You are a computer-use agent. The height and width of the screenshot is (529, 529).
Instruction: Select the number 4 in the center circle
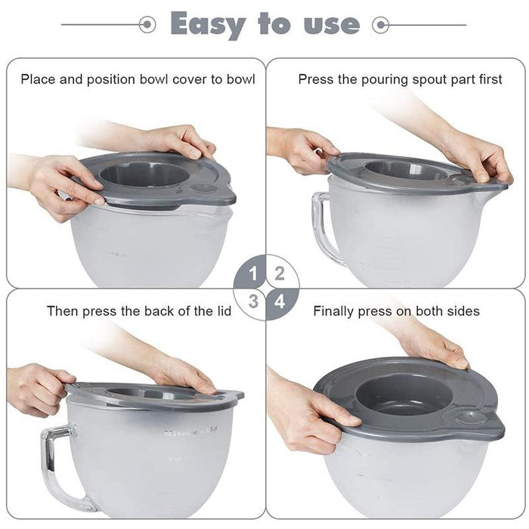pos(279,301)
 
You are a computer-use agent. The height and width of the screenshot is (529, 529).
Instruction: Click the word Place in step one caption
pos(37,79)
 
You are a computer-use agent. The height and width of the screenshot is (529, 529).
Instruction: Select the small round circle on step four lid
pos(470,417)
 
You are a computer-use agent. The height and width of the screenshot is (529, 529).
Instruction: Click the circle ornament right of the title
pos(382,26)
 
